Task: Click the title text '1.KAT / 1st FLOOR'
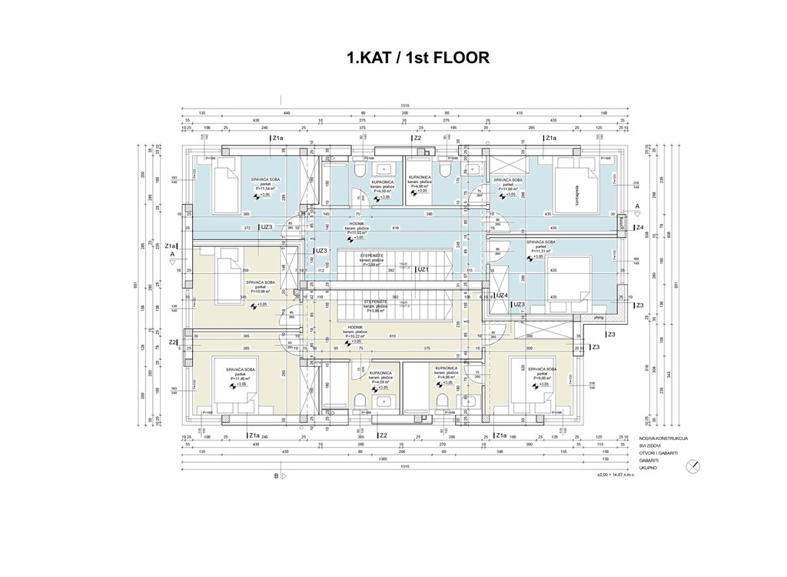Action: pos(417,58)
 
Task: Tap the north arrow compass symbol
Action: pos(693,465)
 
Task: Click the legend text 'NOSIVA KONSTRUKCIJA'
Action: pos(663,438)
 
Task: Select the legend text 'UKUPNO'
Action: pos(649,465)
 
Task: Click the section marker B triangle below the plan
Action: pos(283,476)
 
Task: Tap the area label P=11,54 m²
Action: pos(263,188)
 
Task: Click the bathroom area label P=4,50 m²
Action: pos(382,191)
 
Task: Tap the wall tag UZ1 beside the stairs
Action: pos(422,269)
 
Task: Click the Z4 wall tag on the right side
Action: pos(639,228)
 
